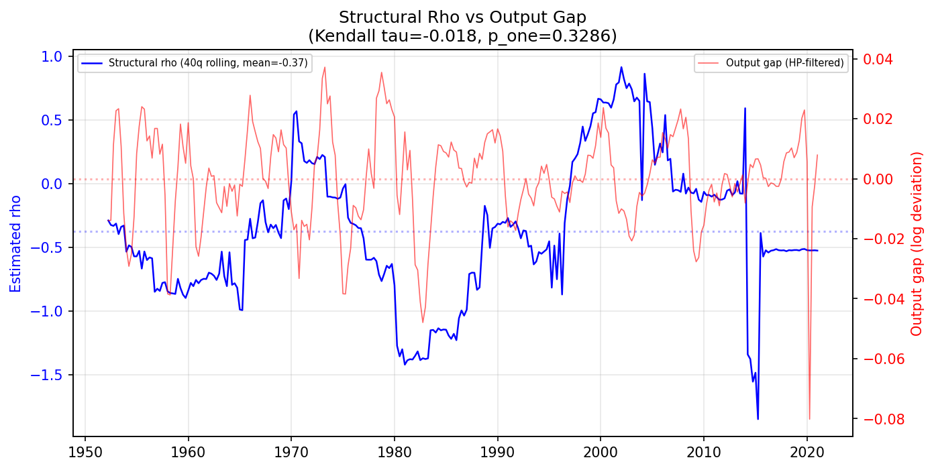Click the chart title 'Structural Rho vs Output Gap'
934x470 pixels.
pyautogui.click(x=462, y=17)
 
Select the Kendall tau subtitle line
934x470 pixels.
pyautogui.click(x=462, y=36)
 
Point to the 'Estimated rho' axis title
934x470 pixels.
pyautogui.click(x=16, y=243)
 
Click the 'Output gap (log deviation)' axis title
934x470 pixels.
pyautogui.click(x=917, y=243)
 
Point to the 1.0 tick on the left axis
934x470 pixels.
pyautogui.click(x=52, y=56)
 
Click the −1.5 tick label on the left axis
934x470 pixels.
pyautogui.click(x=48, y=375)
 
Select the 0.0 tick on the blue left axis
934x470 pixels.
pyautogui.click(x=52, y=184)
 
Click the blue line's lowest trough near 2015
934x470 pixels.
pyautogui.click(x=758, y=419)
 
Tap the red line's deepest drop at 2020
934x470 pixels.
pyautogui.click(x=809, y=419)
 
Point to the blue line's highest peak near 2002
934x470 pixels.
pyautogui.click(x=621, y=67)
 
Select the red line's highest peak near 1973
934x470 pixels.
pyautogui.click(x=325, y=66)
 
